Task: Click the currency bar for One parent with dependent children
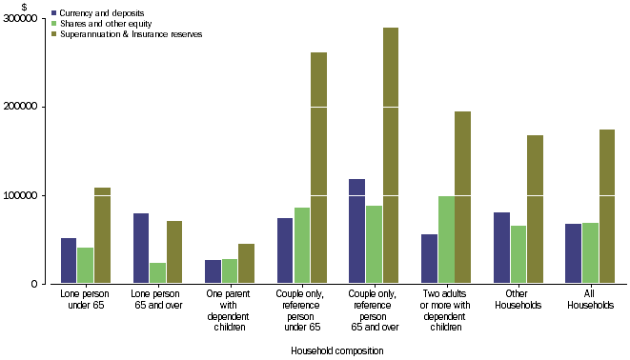pos(213,271)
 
